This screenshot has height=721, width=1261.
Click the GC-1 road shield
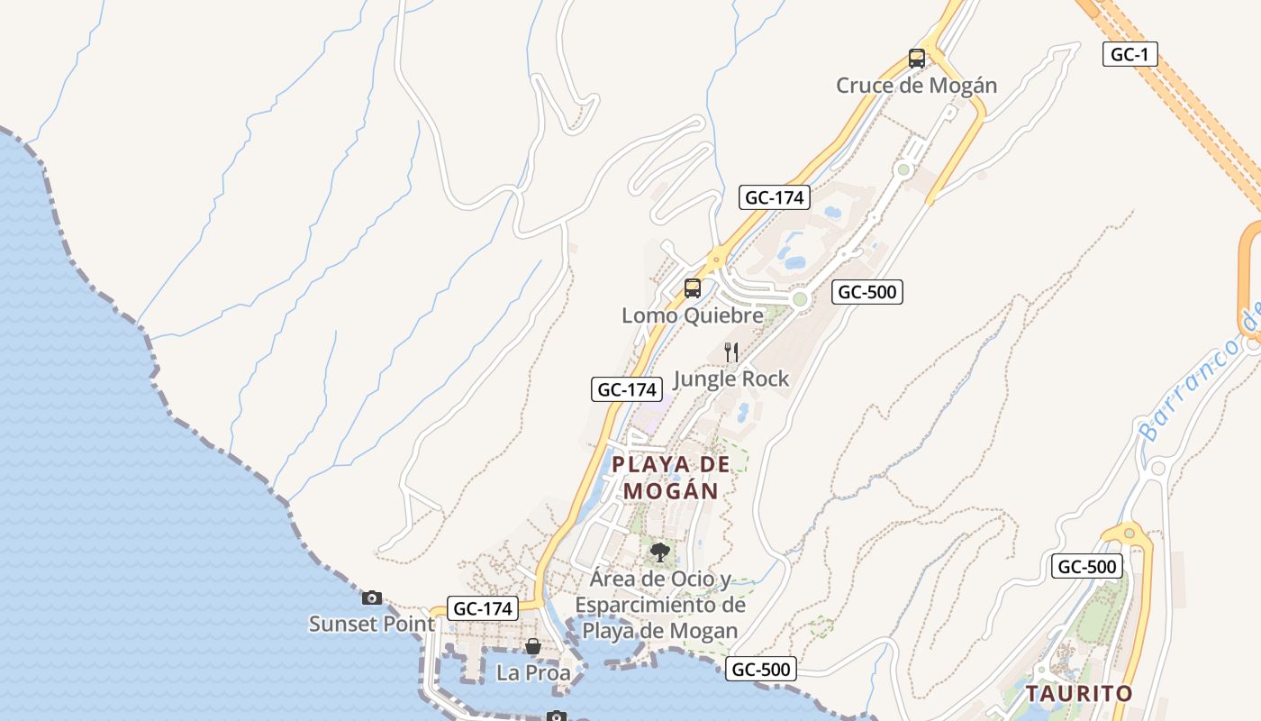tap(1129, 54)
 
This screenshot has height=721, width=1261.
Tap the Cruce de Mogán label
tap(916, 86)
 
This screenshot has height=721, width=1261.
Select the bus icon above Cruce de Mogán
tap(917, 59)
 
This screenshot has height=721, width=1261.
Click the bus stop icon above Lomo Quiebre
tap(692, 288)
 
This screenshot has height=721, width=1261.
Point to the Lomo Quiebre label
tap(692, 315)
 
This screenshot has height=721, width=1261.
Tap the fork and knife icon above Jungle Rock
tap(731, 352)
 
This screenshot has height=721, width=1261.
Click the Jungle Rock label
tap(730, 379)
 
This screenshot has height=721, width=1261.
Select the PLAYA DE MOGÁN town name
tap(671, 478)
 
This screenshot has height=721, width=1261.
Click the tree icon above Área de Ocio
tap(660, 552)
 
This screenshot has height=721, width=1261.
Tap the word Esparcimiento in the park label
tap(660, 605)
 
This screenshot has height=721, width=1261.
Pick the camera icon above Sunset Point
tap(372, 598)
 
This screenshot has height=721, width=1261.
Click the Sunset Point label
tap(371, 624)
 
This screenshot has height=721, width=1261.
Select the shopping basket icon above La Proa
tap(533, 646)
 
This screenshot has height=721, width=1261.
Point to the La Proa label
tap(533, 672)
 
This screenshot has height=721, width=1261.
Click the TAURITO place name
tap(1079, 694)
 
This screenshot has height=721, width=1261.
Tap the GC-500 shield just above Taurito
tap(1087, 567)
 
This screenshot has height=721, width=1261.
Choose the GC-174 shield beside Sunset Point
tap(483, 608)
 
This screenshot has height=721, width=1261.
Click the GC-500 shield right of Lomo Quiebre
tap(866, 291)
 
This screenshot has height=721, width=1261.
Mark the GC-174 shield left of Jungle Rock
tap(627, 389)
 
